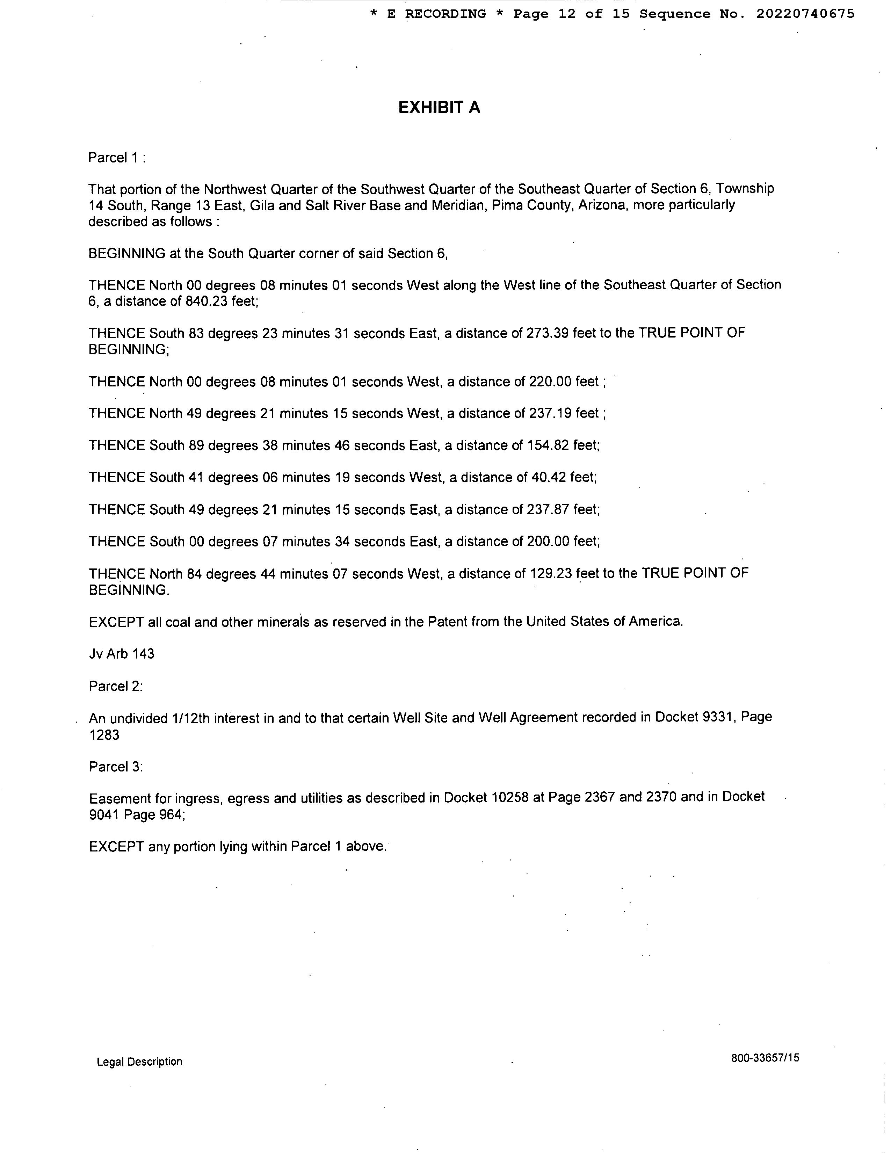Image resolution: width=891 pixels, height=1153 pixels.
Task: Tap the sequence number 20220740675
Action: (805, 14)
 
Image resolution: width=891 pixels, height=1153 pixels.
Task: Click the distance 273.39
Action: (548, 333)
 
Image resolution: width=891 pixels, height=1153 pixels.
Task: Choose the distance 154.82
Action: (548, 445)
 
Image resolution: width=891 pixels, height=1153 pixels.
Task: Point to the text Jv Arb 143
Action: (121, 654)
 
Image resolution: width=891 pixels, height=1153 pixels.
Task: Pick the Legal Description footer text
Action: (139, 1062)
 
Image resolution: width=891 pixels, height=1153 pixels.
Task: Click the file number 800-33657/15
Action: (765, 1058)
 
